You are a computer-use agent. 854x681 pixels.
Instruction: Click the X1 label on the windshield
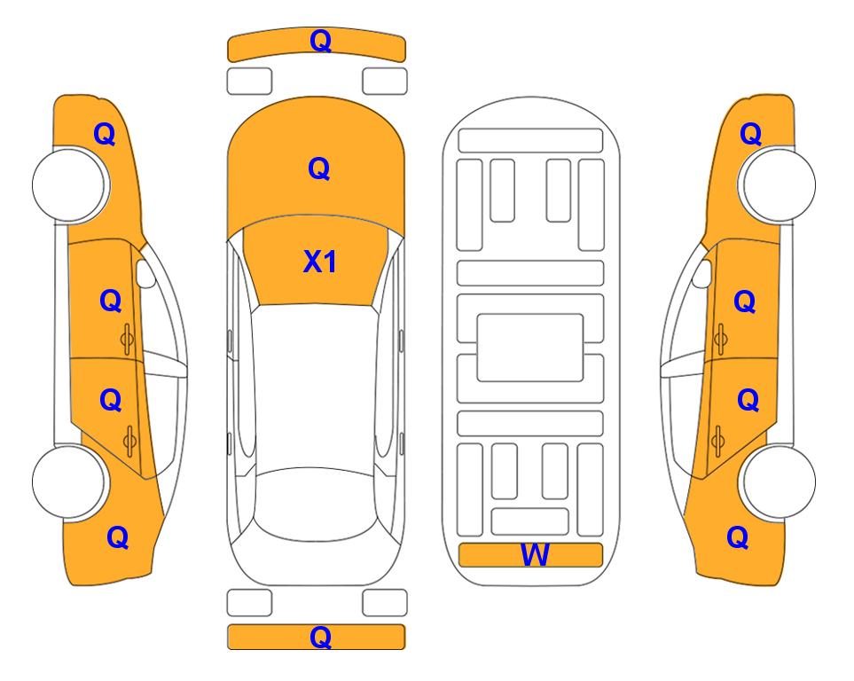[x=320, y=262]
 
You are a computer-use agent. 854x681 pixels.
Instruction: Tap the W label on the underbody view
[x=534, y=555]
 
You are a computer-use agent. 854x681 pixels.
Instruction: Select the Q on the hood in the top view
[x=319, y=168]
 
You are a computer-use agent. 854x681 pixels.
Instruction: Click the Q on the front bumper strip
[x=320, y=40]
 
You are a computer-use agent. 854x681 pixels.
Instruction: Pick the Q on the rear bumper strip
[x=320, y=637]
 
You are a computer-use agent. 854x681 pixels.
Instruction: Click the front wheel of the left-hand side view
[x=71, y=185]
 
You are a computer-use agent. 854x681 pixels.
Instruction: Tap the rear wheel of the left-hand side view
[x=71, y=481]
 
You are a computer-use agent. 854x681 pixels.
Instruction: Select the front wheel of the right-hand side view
[x=777, y=185]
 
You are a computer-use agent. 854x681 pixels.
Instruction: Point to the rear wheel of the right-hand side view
[x=777, y=481]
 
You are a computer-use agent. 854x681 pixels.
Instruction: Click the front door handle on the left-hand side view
[x=127, y=339]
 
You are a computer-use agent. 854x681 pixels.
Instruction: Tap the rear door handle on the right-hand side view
[x=717, y=442]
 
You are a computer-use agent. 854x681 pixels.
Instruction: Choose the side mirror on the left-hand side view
[x=145, y=273]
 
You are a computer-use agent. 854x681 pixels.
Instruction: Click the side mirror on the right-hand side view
[x=702, y=273]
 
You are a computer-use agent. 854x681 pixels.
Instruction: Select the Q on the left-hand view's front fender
[x=105, y=134]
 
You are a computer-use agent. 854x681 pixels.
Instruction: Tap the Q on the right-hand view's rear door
[x=748, y=400]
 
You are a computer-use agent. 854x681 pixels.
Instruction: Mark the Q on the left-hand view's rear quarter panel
[x=118, y=537]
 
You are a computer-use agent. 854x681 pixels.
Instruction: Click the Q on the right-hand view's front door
[x=745, y=301]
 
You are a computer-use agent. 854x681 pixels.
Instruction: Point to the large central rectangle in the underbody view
[x=530, y=348]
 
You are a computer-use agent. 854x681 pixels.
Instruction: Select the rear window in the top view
[x=317, y=504]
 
